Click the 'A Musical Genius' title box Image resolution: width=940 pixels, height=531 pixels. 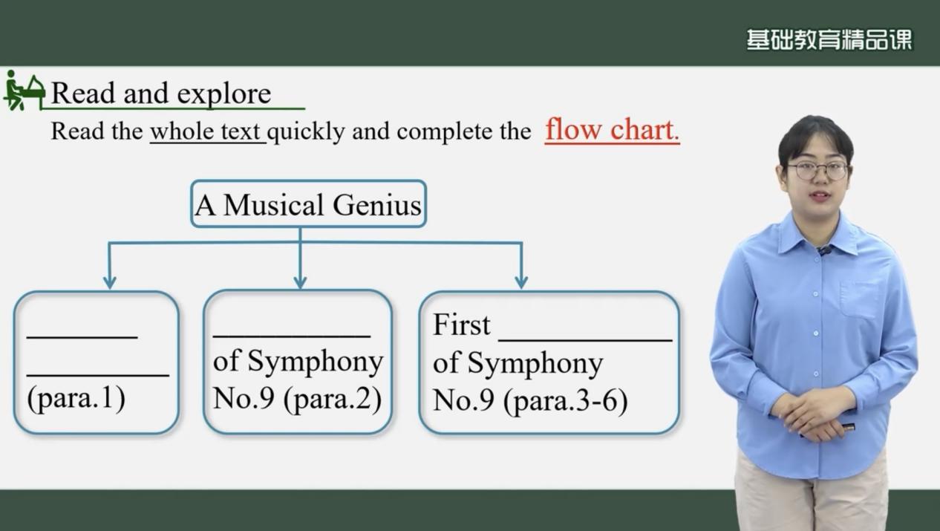coord(308,204)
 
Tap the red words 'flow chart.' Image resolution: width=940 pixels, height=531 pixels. coord(612,130)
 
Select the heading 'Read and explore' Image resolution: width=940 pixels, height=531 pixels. coord(161,93)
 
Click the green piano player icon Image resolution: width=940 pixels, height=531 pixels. coord(24,91)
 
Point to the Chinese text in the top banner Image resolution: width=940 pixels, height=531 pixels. coord(829,40)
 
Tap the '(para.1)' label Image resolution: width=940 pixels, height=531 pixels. coord(76,397)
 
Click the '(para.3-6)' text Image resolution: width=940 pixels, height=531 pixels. coord(565,400)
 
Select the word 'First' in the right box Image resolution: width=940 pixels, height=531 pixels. coord(461,325)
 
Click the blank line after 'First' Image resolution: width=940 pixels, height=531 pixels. coord(585,339)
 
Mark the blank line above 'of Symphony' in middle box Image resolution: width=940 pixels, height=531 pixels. coord(292,336)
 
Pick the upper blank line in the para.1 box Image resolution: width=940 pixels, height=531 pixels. coord(82,336)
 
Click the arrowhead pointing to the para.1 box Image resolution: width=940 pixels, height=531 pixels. coord(110,281)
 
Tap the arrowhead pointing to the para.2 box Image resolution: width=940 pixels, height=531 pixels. coord(300,281)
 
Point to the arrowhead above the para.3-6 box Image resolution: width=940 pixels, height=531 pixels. coord(521,281)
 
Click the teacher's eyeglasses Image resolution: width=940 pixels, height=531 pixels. coord(817,170)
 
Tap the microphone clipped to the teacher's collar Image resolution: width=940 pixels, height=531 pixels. coord(823,250)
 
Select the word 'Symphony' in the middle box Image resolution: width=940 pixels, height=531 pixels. coord(315,362)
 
